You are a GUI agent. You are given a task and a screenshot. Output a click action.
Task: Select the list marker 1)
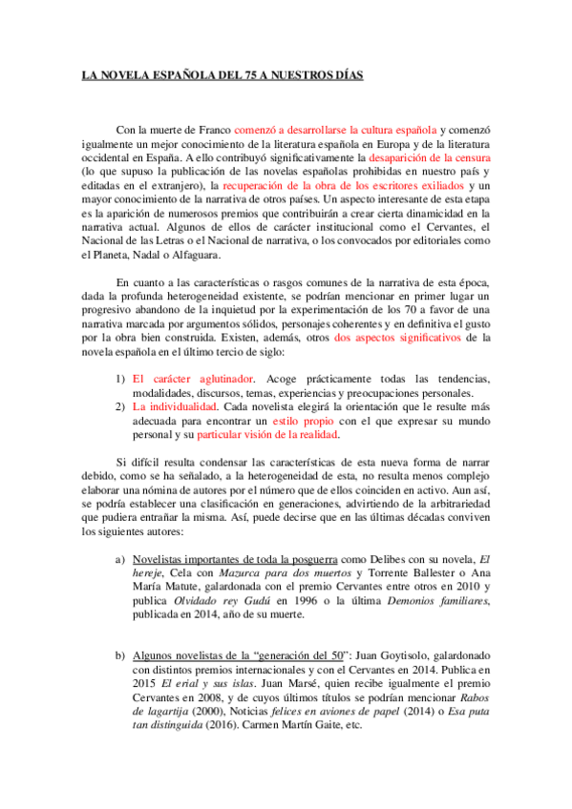(x=120, y=380)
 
